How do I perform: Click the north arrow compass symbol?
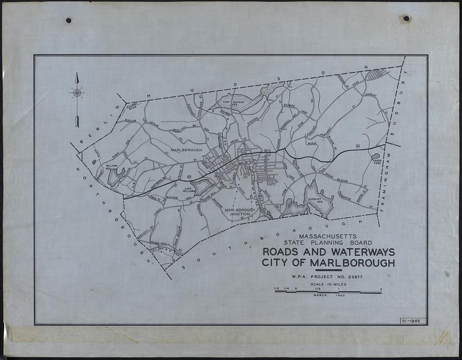click(77, 93)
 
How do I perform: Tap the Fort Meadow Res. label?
click(234, 103)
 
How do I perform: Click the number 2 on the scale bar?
click(381, 288)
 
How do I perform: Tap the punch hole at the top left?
click(68, 21)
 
